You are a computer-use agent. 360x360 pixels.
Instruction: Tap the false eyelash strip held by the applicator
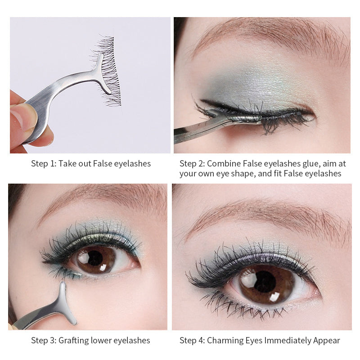click(x=108, y=72)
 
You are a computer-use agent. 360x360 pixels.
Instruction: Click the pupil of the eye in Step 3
click(x=95, y=258)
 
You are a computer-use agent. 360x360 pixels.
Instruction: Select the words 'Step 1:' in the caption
click(x=43, y=164)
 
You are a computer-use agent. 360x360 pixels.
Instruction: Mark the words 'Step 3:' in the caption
click(x=43, y=340)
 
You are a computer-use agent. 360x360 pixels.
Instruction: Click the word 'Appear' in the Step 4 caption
click(x=327, y=340)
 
